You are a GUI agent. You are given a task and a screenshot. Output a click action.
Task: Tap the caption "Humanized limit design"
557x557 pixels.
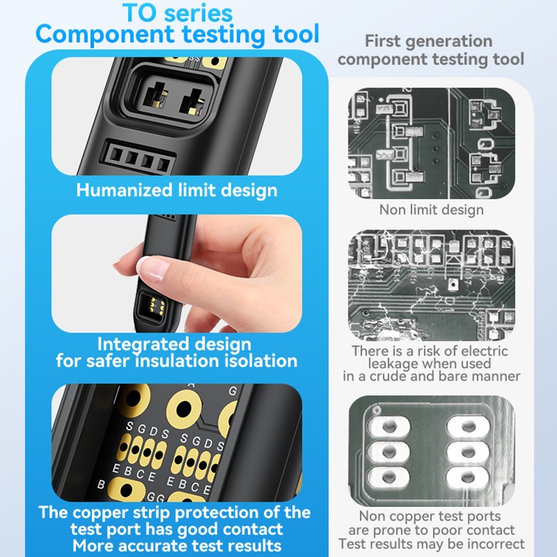click(176, 190)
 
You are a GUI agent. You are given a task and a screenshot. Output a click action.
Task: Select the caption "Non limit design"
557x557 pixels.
click(431, 210)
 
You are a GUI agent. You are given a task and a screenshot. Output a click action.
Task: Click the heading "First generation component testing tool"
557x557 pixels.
click(430, 50)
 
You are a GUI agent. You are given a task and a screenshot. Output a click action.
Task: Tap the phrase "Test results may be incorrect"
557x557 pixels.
click(431, 544)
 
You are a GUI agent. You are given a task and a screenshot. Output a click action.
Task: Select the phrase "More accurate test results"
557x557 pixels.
click(177, 545)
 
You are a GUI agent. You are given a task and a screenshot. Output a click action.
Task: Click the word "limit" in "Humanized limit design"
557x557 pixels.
click(203, 190)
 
